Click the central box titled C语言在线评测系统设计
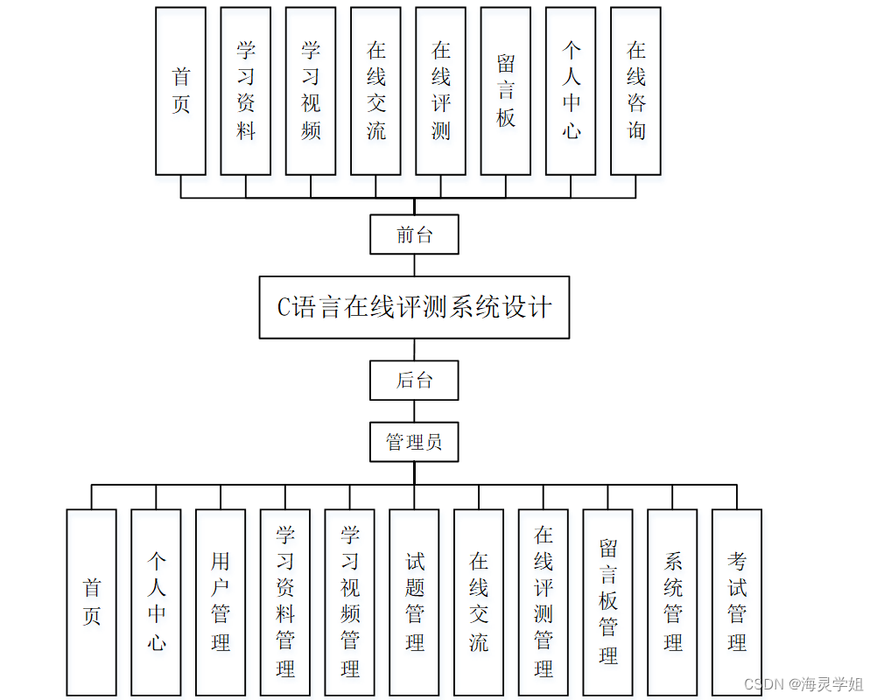[x=414, y=307]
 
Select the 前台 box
[x=414, y=234]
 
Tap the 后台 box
[x=414, y=380]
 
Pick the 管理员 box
[x=414, y=442]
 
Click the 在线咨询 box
[x=635, y=91]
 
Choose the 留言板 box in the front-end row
[x=506, y=91]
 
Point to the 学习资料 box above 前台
[x=246, y=91]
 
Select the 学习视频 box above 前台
[x=311, y=91]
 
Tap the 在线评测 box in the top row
[x=441, y=91]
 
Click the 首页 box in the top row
[x=181, y=91]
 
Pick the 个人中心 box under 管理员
[x=157, y=602]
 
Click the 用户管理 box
[x=221, y=602]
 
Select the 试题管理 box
[x=415, y=602]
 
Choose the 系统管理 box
[x=672, y=602]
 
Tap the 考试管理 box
[x=737, y=602]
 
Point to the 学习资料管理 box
[x=285, y=602]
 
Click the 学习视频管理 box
[x=350, y=602]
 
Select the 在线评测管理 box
[x=544, y=602]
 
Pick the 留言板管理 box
[x=608, y=602]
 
